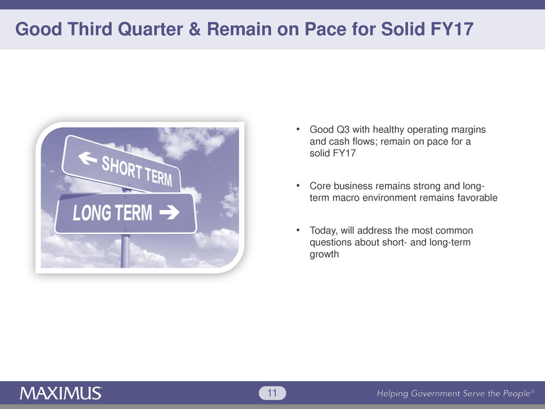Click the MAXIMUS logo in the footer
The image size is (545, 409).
(61, 393)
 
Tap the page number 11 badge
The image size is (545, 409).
(272, 393)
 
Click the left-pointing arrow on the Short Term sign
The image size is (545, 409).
(88, 158)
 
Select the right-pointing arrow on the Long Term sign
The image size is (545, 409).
(169, 212)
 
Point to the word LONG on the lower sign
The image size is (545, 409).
(92, 213)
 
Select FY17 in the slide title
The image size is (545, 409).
(452, 29)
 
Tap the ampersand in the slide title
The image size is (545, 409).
(195, 29)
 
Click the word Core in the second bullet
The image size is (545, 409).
(320, 186)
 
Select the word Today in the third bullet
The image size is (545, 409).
(324, 230)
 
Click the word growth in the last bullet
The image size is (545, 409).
(324, 254)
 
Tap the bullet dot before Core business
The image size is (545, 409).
(298, 186)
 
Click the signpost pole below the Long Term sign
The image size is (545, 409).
(125, 251)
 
